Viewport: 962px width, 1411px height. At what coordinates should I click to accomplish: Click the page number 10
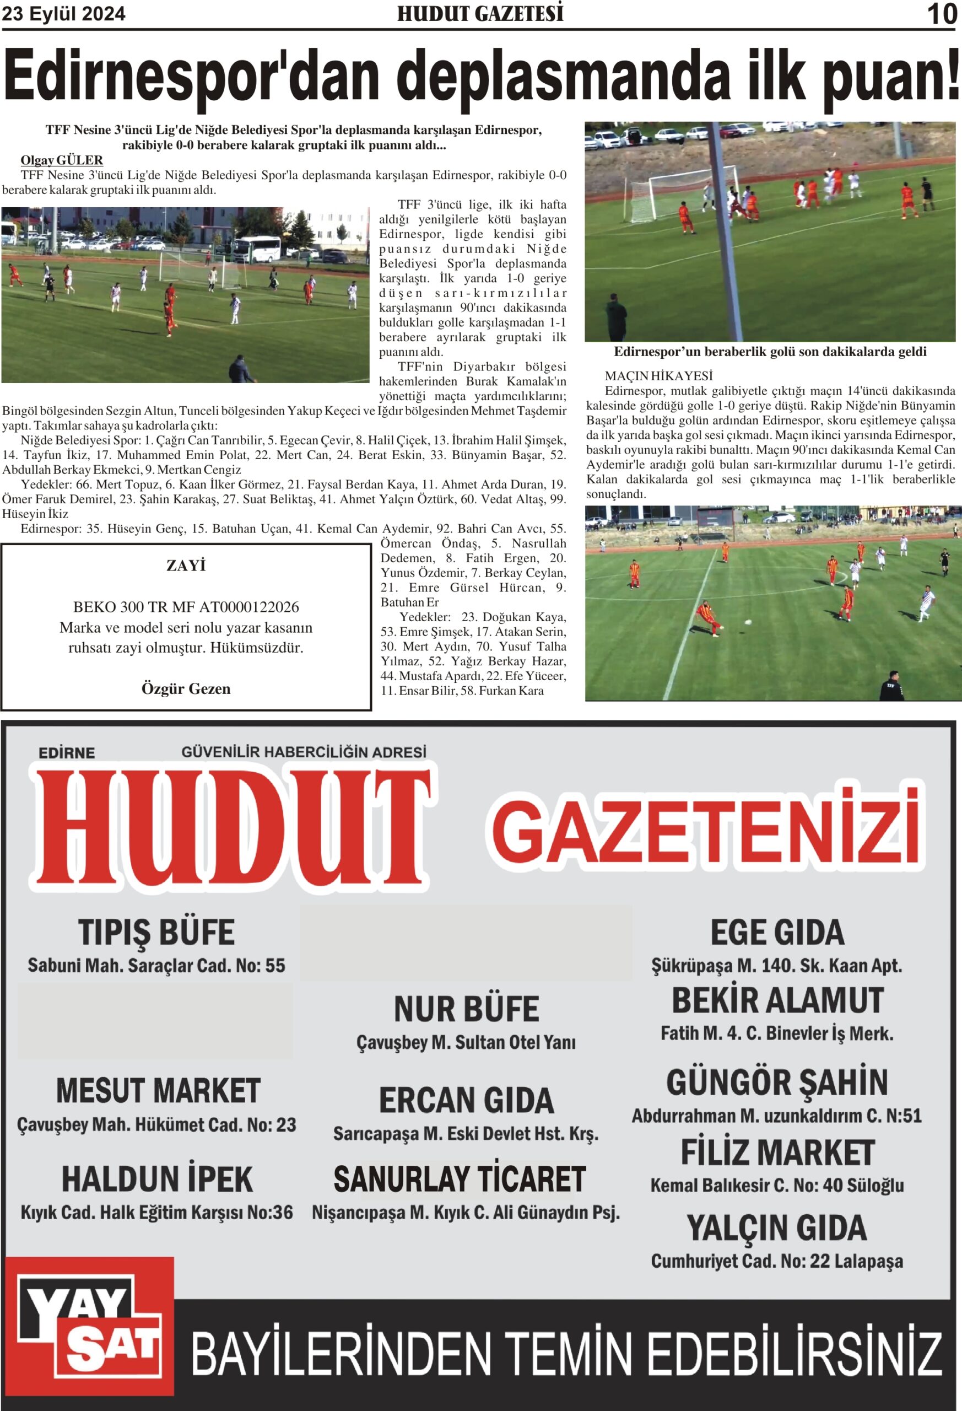942,13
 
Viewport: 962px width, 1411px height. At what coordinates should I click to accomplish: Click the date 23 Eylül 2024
64,13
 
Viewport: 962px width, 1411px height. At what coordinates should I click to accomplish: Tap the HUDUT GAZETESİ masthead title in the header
480,13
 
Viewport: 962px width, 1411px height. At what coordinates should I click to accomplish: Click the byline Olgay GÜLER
62,160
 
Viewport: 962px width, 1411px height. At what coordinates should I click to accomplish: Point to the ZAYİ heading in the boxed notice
186,566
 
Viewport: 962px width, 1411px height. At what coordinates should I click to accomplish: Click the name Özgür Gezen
186,688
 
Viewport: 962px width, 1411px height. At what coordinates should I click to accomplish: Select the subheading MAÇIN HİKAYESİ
658,376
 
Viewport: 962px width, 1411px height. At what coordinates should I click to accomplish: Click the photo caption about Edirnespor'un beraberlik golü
770,352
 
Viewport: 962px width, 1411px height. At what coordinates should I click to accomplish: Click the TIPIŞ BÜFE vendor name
156,933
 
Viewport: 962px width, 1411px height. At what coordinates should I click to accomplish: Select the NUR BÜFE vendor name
466,1009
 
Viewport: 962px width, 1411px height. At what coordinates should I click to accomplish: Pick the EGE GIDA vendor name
777,933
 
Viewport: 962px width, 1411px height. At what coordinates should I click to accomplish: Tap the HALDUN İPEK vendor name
156,1179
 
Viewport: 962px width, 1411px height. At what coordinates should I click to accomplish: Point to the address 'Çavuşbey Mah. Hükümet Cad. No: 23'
156,1124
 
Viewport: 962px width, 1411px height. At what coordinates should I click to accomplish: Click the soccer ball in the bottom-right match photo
748,622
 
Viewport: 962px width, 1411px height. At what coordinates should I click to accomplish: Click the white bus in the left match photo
258,249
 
